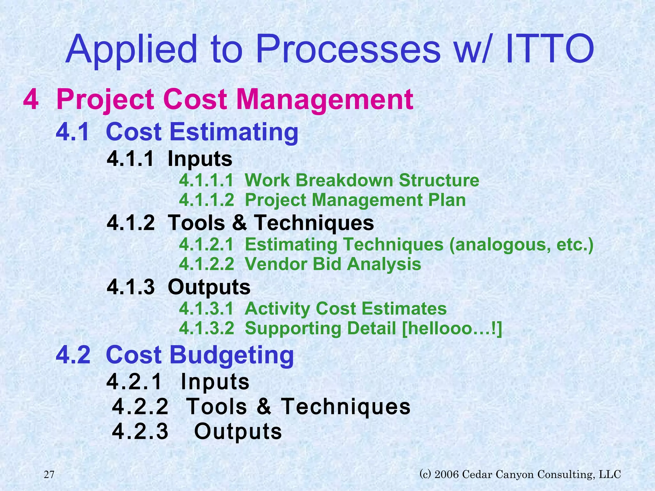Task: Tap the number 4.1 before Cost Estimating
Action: click(x=73, y=132)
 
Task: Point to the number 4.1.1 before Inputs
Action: click(x=130, y=159)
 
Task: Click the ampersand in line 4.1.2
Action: click(x=240, y=223)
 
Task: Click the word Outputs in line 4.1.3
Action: click(x=209, y=287)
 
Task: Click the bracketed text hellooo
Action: click(x=451, y=329)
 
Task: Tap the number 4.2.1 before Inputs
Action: click(x=134, y=382)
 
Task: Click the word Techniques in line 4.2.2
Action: click(x=345, y=407)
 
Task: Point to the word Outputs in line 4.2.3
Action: click(x=238, y=432)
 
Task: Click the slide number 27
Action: click(x=49, y=475)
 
